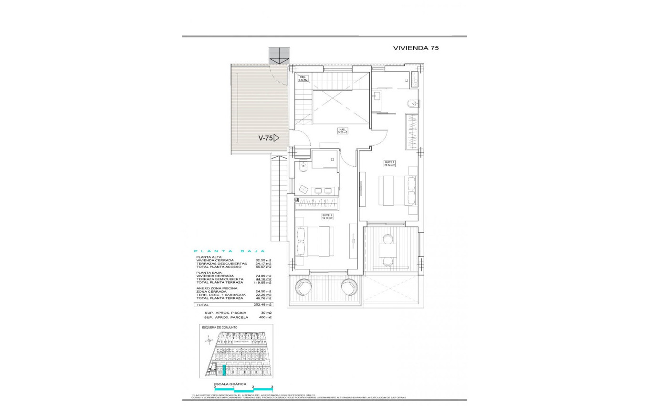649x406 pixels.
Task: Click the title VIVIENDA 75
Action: pos(415,48)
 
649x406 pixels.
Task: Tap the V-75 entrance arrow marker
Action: pos(269,138)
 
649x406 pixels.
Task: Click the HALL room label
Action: pos(343,130)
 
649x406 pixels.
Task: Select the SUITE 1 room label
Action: pos(389,163)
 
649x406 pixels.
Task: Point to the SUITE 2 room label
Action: pos(326,217)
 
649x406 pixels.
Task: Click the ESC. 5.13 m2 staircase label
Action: pos(303,79)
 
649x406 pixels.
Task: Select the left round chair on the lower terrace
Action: pos(304,288)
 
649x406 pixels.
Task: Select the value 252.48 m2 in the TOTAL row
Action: pos(262,304)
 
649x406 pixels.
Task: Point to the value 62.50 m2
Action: pos(263,260)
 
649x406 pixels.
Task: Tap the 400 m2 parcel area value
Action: pos(265,317)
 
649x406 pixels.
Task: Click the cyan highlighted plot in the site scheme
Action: pos(224,371)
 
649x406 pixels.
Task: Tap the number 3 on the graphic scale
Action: pos(272,386)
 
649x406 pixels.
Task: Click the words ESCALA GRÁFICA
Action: pos(230,384)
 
